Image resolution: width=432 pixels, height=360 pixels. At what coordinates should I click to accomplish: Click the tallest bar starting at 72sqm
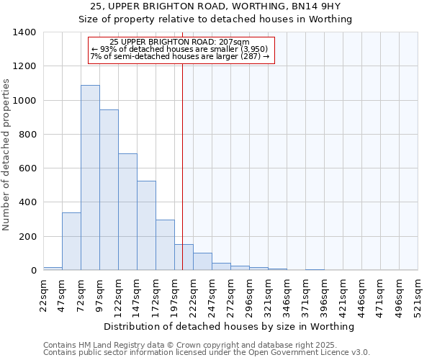pyautogui.click(x=90, y=178)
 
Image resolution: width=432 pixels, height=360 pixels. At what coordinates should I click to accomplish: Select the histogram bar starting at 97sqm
pyautogui.click(x=109, y=190)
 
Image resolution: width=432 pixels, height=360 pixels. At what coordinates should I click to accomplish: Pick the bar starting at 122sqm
pyautogui.click(x=127, y=212)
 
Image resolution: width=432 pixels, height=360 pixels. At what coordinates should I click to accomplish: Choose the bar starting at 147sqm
pyautogui.click(x=146, y=225)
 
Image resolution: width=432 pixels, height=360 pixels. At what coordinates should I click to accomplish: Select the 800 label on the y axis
pyautogui.click(x=27, y=135)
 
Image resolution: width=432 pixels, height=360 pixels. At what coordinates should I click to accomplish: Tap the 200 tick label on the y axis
pyautogui.click(x=27, y=237)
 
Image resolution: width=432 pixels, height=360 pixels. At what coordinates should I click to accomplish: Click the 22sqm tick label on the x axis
pyautogui.click(x=44, y=294)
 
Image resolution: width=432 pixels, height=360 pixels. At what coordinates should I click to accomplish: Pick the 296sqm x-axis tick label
pyautogui.click(x=249, y=294)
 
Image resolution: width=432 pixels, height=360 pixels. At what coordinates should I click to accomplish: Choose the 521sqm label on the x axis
pyautogui.click(x=418, y=294)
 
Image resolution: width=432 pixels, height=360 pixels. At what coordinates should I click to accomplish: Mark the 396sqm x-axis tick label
pyautogui.click(x=324, y=294)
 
